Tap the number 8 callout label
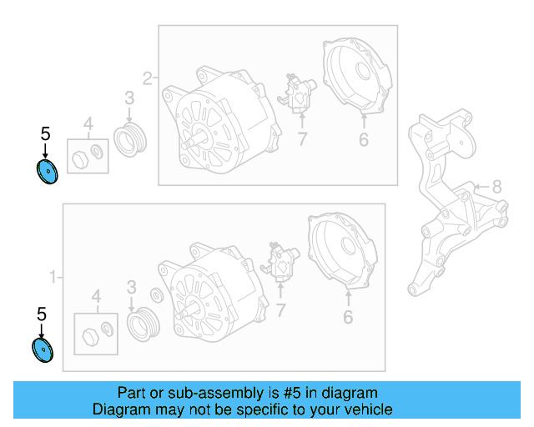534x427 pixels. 496,187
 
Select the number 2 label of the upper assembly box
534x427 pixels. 147,79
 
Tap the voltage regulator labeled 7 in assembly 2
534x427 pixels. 297,93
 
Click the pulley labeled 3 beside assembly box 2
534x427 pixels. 129,139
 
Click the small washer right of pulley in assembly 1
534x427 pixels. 156,296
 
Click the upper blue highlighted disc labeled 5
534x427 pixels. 46,173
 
